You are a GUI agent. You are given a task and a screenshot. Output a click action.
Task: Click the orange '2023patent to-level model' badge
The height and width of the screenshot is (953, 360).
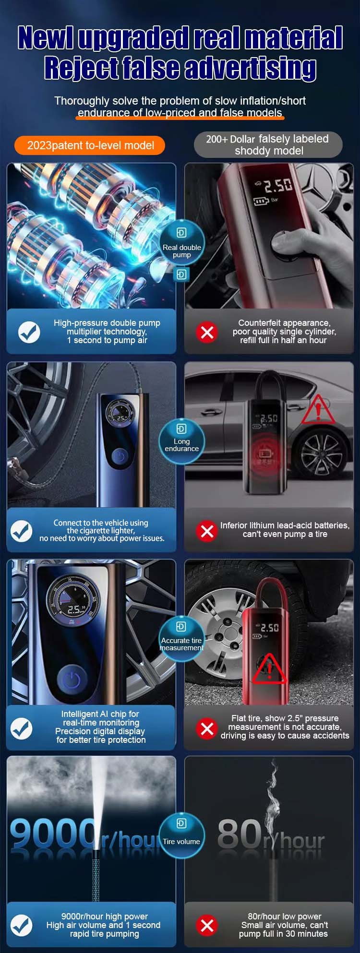point(90,145)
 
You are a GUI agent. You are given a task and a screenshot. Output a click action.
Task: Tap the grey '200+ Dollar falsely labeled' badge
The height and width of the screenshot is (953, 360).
point(268,144)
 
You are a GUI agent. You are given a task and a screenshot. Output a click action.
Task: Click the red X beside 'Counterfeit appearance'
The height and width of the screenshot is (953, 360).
point(207,332)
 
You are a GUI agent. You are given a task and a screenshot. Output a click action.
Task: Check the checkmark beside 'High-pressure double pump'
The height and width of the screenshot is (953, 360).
point(29,332)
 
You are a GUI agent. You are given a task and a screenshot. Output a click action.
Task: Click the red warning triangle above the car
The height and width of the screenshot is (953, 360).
point(318,410)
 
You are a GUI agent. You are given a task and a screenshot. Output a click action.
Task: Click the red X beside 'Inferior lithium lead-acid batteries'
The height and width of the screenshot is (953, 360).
point(207,531)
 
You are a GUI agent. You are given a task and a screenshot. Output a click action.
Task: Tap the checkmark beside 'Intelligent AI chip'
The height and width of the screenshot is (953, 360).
point(22,728)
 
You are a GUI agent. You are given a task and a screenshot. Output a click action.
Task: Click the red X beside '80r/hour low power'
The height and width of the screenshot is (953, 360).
point(207,925)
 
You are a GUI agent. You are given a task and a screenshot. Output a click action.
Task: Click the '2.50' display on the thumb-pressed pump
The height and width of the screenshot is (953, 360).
point(277,185)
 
